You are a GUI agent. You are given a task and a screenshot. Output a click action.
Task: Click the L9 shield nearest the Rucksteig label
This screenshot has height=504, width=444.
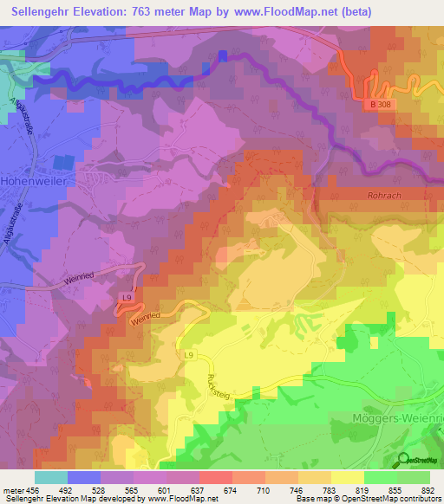189,355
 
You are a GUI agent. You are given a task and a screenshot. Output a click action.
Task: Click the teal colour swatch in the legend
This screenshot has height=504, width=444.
51,476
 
